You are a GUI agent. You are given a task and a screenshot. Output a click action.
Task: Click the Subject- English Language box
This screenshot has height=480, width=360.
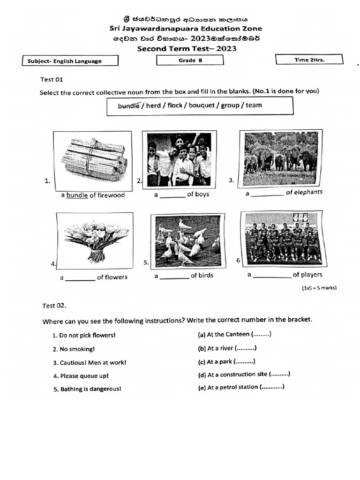tap(70, 61)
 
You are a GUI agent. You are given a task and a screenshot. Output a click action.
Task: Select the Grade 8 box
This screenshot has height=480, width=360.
tap(190, 60)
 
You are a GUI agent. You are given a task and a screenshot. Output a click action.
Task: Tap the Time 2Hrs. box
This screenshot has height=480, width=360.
tap(309, 60)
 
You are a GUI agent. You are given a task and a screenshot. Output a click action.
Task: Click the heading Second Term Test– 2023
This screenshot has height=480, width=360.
tap(187, 49)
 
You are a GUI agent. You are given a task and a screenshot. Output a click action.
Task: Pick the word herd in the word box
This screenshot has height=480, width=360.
tap(153, 105)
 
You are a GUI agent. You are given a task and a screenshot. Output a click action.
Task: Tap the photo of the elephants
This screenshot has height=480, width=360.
tap(280, 157)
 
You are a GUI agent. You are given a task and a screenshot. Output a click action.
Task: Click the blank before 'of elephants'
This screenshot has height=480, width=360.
tap(267, 194)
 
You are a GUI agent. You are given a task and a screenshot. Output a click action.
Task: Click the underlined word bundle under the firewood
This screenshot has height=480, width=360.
tap(77, 195)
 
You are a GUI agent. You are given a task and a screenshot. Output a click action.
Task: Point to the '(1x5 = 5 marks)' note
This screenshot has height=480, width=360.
tap(319, 288)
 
